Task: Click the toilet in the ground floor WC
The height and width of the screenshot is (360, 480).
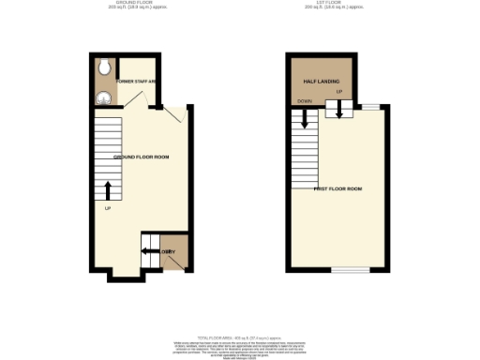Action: click(x=104, y=67)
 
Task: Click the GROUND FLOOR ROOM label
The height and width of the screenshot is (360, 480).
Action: click(x=141, y=157)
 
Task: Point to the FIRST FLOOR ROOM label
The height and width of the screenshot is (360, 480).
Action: click(x=338, y=188)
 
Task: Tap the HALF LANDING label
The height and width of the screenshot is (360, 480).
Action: click(x=320, y=82)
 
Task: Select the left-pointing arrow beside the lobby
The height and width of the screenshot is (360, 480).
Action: click(x=148, y=250)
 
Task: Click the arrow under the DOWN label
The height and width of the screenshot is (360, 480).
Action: click(x=305, y=119)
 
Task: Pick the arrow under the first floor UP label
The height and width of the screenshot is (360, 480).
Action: click(x=339, y=112)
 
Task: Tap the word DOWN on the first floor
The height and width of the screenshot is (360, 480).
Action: click(x=304, y=101)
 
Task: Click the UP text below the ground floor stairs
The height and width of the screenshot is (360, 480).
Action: click(x=108, y=207)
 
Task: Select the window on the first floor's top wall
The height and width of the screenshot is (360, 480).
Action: click(x=371, y=105)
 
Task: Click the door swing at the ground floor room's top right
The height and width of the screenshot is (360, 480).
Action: click(x=172, y=114)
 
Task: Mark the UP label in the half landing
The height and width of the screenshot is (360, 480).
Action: click(x=338, y=92)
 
